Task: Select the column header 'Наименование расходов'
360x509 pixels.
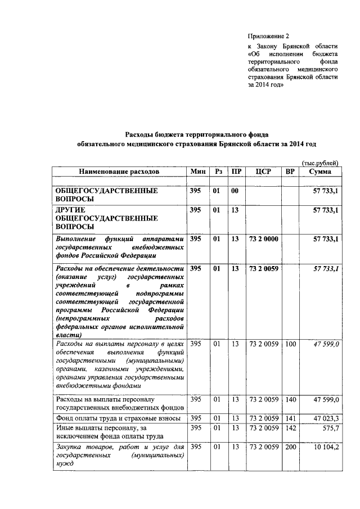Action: (119, 171)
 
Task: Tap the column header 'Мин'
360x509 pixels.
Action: (197, 171)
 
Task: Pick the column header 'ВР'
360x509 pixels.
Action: (290, 171)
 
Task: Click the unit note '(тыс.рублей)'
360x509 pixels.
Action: (320, 163)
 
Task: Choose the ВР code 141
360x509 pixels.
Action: (290, 418)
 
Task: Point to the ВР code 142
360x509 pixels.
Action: (290, 429)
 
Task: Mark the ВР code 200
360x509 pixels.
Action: (290, 447)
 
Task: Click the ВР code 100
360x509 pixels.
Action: (290, 344)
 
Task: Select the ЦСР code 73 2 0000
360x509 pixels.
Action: (263, 239)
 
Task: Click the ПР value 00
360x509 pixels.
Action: (235, 191)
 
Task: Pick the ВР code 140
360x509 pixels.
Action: (290, 399)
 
